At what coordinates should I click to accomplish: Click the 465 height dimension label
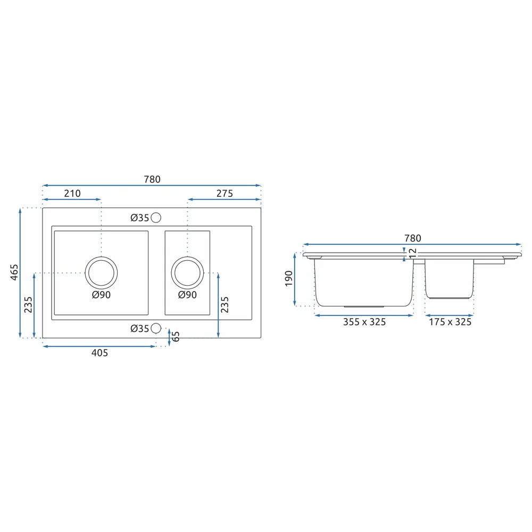click(x=14, y=272)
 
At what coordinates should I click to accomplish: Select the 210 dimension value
click(x=72, y=194)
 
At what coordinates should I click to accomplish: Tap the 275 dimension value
click(x=225, y=194)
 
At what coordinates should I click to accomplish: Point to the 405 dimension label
click(x=100, y=353)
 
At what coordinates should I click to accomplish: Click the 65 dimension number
click(x=176, y=337)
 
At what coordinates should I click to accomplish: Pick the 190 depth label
click(x=289, y=279)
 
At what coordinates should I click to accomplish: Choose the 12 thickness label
click(x=413, y=253)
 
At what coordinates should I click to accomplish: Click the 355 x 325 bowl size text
click(x=364, y=322)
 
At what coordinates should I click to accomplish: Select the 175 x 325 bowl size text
click(x=450, y=322)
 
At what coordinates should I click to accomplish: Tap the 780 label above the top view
click(x=152, y=179)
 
